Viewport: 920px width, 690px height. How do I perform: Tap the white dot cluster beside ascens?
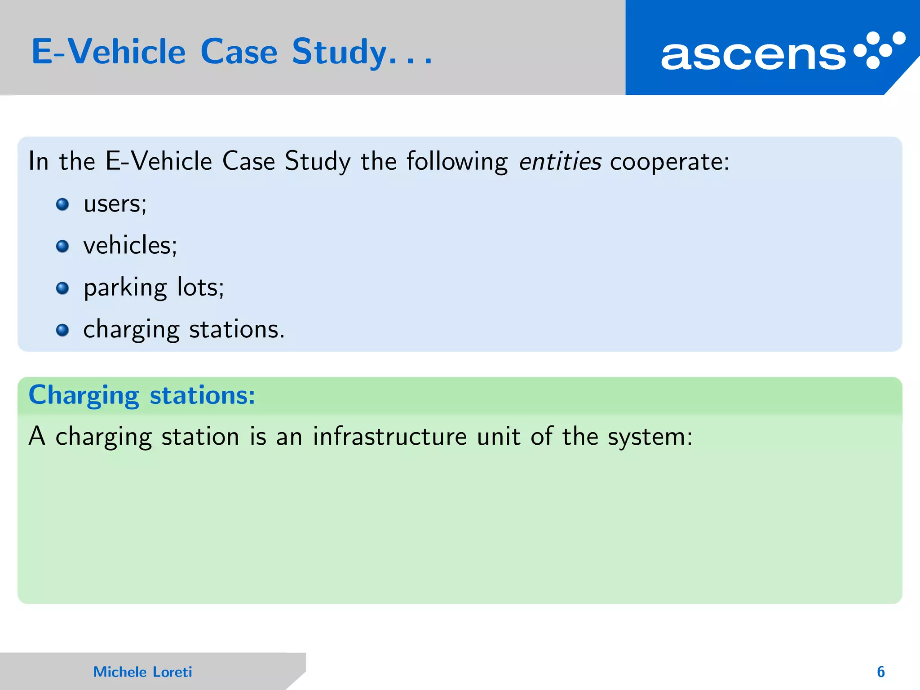click(x=879, y=50)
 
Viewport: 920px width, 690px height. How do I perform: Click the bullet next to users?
click(x=62, y=205)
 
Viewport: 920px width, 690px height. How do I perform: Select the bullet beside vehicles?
click(x=62, y=246)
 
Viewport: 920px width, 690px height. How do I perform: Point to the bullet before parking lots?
click(x=62, y=288)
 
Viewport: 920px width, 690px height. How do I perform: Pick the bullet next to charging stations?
click(x=62, y=330)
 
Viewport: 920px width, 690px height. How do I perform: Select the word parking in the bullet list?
click(x=125, y=288)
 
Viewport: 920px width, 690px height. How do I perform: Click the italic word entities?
click(x=560, y=161)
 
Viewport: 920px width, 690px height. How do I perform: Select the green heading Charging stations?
click(x=142, y=395)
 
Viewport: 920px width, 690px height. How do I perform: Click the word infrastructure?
click(x=390, y=436)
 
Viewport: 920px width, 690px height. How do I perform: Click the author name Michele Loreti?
click(x=142, y=672)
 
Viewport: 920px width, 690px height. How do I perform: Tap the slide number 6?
click(x=880, y=672)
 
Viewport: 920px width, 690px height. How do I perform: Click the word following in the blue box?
click(x=457, y=162)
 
